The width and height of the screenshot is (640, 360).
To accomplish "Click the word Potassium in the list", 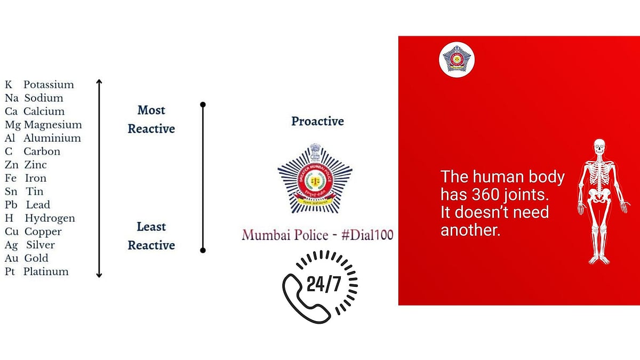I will point(49,85).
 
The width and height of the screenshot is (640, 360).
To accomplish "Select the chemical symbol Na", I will point(11,98).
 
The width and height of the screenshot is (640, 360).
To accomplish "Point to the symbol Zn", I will point(12,165).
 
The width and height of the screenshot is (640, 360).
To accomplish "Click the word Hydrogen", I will point(50,218).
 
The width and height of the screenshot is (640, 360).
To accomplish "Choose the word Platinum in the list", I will point(46,271).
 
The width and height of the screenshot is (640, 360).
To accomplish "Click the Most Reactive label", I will point(151,119).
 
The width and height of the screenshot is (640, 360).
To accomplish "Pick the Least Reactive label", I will point(151,236).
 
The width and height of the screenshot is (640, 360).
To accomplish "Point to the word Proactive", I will point(317,122).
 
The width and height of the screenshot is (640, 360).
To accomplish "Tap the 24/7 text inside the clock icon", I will point(324,284).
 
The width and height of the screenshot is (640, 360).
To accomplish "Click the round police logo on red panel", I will point(457,60).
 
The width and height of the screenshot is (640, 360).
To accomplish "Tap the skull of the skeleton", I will point(599,147).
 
